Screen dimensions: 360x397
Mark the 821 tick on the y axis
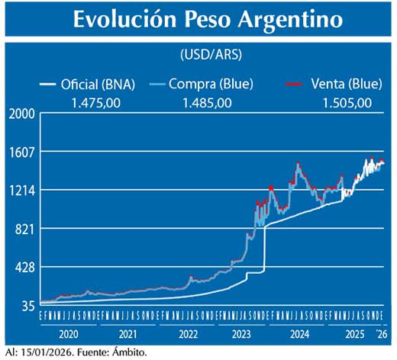pos(24,229)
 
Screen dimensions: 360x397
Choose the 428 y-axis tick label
pos(24,267)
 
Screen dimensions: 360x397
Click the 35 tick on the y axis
pos(27,306)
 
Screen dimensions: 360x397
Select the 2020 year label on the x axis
pos(69,333)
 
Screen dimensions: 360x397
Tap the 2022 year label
pos(188,333)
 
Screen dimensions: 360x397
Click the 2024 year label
pos(299,333)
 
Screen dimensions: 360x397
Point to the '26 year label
pos(379,333)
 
